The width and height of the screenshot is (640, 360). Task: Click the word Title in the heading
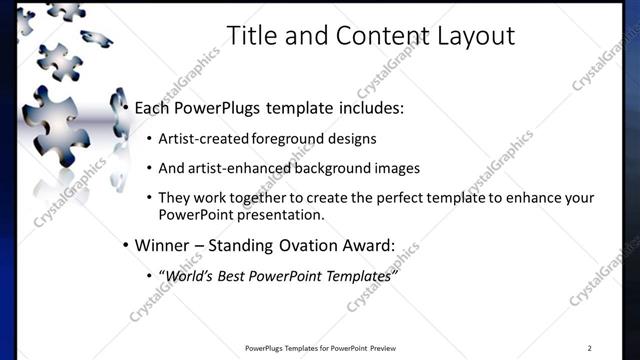click(250, 37)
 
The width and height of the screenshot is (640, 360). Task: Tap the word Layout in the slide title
click(475, 37)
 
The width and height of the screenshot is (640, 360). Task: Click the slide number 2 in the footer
click(589, 348)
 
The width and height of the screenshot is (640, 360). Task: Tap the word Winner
click(161, 245)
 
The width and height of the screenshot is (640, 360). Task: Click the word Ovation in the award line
click(312, 245)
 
